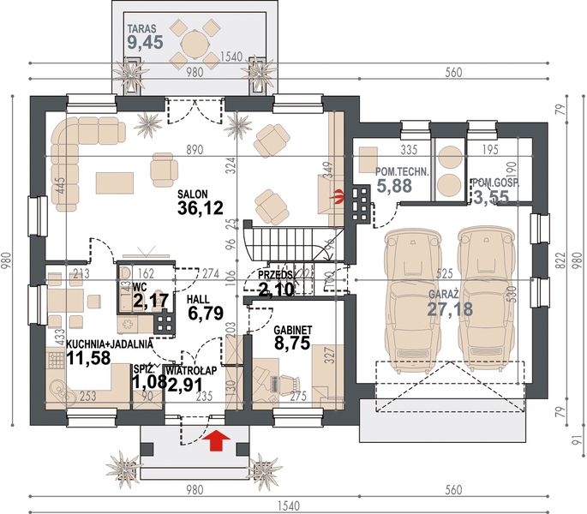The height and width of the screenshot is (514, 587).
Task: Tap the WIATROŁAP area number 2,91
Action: [x=187, y=385]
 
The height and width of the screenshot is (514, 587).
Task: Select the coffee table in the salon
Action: [x=112, y=183]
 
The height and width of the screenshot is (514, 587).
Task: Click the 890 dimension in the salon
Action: [x=195, y=149]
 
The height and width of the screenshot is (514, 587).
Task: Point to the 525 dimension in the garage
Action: [x=444, y=275]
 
